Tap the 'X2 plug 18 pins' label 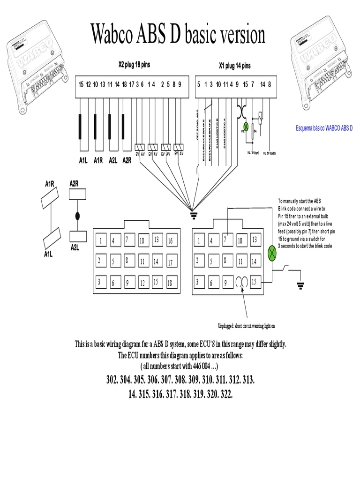tap(134, 65)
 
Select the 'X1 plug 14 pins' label tap(234, 66)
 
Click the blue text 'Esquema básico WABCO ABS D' tap(324, 128)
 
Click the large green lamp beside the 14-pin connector tap(272, 254)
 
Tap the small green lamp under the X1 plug tap(245, 126)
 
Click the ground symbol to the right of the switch tap(300, 285)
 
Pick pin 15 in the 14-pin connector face tap(254, 282)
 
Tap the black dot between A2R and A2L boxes tap(77, 216)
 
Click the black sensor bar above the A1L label tap(81, 133)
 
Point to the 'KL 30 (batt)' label tap(269, 153)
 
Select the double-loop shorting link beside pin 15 tap(242, 282)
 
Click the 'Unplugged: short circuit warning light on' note tap(246, 326)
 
